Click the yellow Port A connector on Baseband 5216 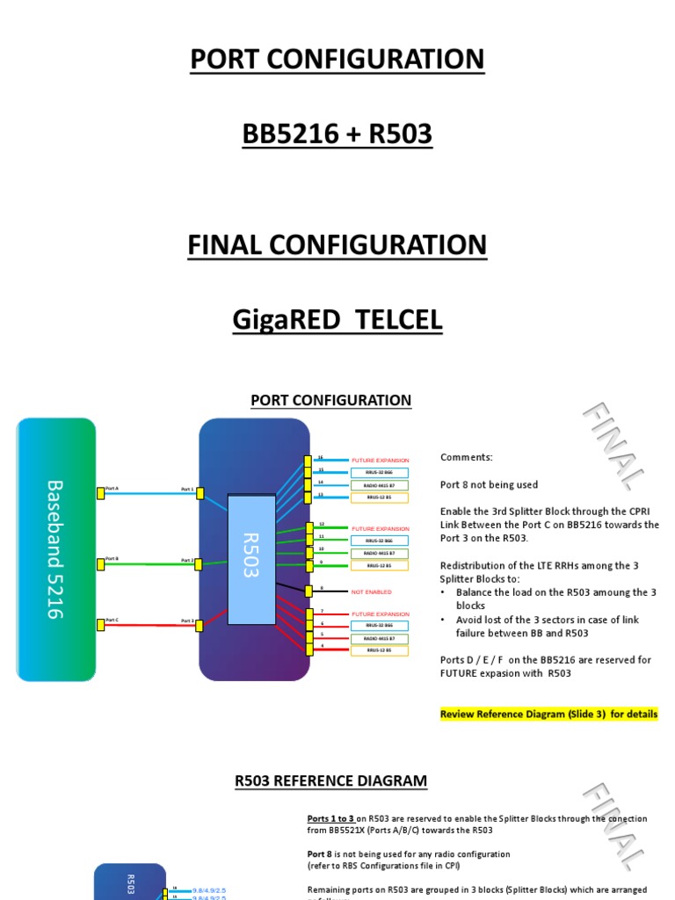pos(101,493)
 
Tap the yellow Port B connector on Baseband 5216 pos(101,563)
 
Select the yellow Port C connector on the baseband pos(101,625)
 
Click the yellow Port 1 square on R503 pos(200,493)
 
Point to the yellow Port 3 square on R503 pos(200,625)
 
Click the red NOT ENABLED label pos(372,592)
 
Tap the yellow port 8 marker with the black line pos(308,592)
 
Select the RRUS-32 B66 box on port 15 pos(380,473)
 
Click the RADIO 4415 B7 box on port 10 pos(380,553)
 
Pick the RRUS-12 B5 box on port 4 pos(380,650)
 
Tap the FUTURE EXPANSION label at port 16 pos(381,461)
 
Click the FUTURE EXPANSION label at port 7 pos(381,614)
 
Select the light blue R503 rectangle pos(251,559)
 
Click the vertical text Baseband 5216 pos(54,549)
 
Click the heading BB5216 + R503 pos(337,134)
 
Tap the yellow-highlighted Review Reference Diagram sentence pos(548,714)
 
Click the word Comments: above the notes pos(467,457)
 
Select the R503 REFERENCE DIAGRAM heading pos(331,780)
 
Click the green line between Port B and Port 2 pos(149,563)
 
